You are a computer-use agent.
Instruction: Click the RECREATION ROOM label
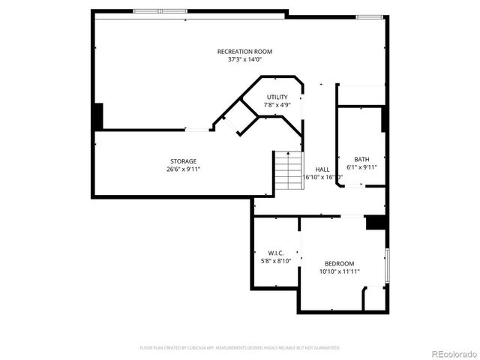[244, 52]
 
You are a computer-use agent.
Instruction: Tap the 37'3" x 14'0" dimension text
[244, 59]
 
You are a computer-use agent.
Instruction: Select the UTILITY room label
[277, 97]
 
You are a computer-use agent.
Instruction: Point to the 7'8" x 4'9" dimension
[277, 105]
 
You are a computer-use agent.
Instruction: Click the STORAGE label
[183, 161]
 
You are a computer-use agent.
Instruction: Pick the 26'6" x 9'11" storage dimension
[183, 169]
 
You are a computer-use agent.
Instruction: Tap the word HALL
[322, 169]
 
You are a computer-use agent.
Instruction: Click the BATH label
[362, 159]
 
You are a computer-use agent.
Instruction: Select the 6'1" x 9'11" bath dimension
[362, 167]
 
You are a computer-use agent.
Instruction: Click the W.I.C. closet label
[274, 253]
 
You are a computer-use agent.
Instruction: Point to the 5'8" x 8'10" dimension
[274, 261]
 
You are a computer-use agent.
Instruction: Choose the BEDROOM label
[339, 263]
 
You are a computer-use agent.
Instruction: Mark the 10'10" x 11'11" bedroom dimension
[339, 271]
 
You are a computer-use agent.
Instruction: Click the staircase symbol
[286, 169]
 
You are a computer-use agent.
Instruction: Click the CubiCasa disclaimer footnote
[240, 348]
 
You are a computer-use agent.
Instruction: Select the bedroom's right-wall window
[387, 265]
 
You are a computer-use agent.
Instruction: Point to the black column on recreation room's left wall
[98, 116]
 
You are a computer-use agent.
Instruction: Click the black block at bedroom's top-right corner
[375, 223]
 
